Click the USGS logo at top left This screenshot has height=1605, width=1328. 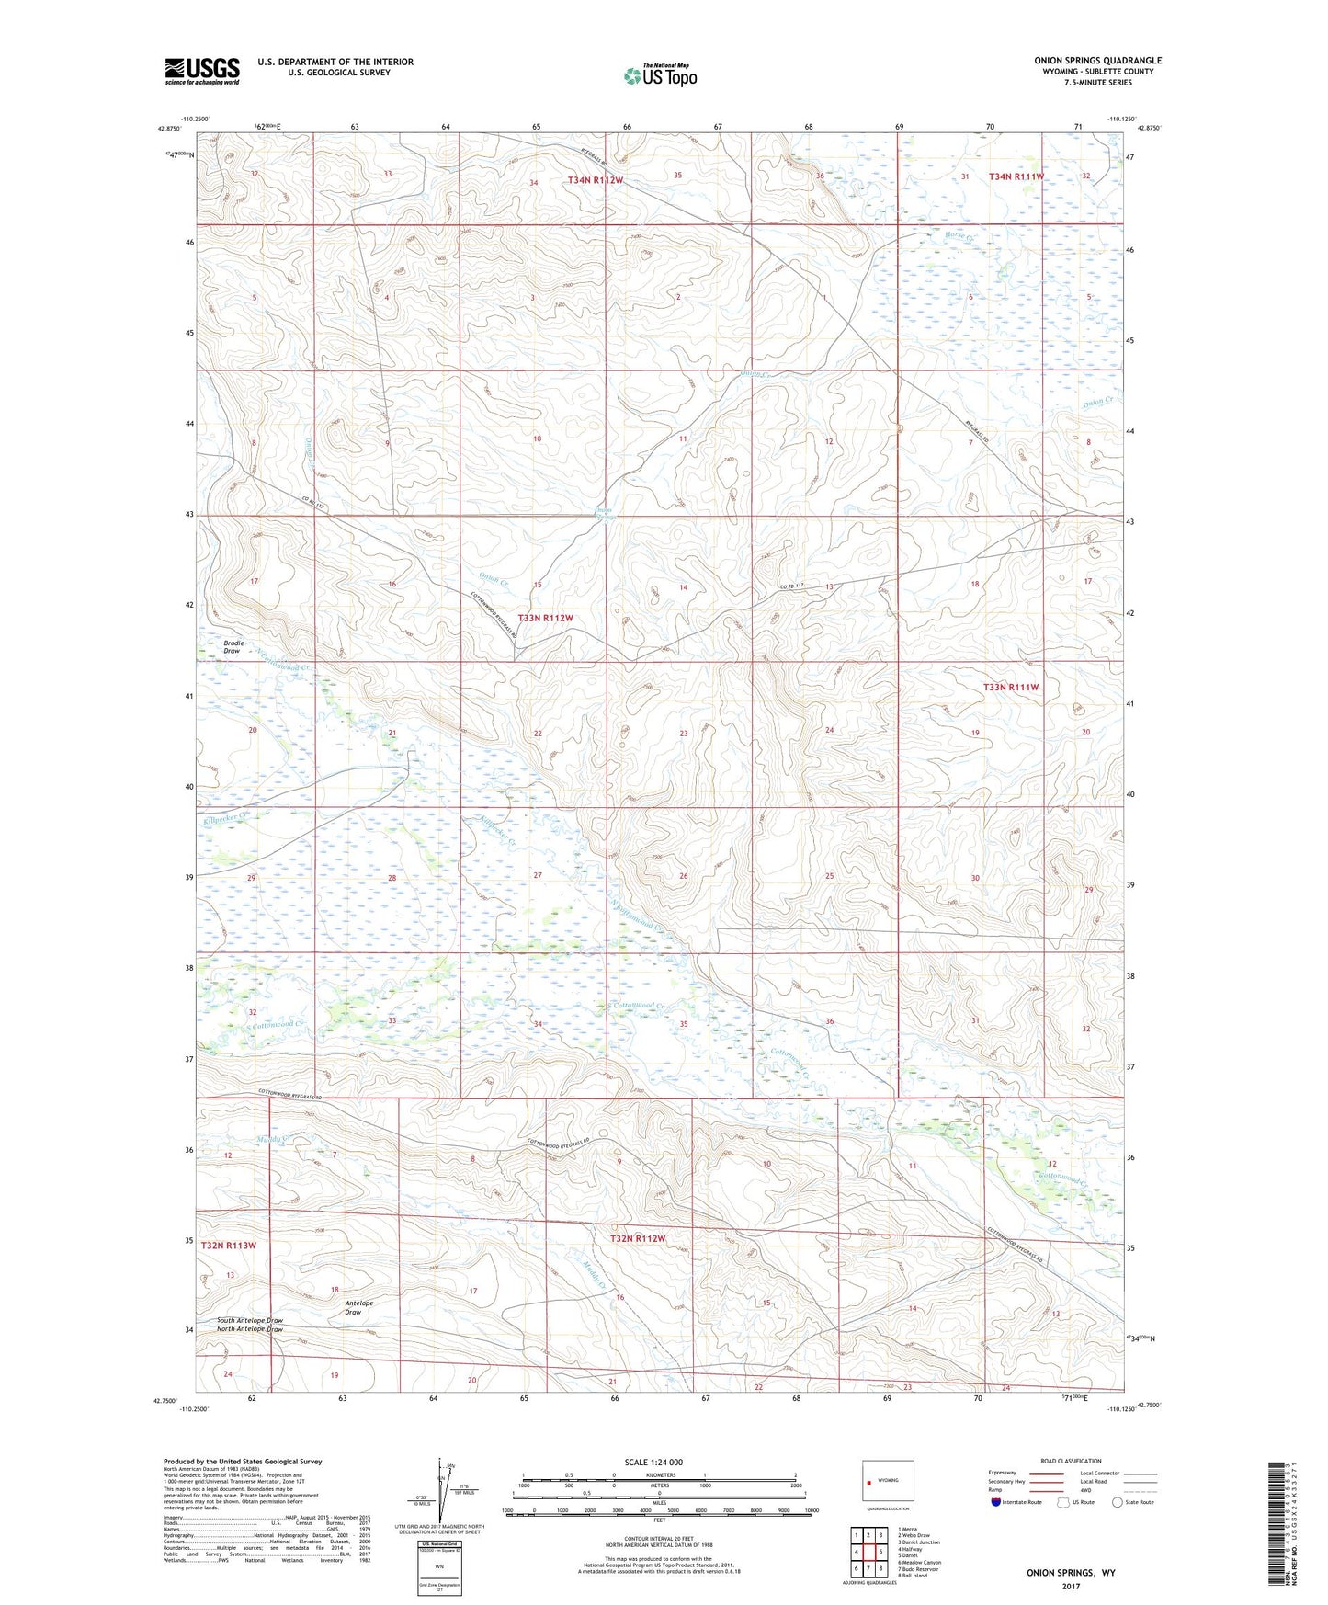202,71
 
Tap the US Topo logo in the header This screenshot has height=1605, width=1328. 659,75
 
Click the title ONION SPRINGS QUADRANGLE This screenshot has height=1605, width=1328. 1097,61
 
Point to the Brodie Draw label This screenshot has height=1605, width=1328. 232,646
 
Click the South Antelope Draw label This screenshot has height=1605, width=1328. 249,1320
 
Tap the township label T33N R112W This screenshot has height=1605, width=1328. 545,619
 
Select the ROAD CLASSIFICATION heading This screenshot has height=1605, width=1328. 1072,1461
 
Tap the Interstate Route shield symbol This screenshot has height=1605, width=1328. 996,1503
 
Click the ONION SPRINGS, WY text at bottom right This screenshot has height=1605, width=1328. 1071,1574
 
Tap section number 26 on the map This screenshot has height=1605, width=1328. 683,877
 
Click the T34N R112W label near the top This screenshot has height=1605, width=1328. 596,181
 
